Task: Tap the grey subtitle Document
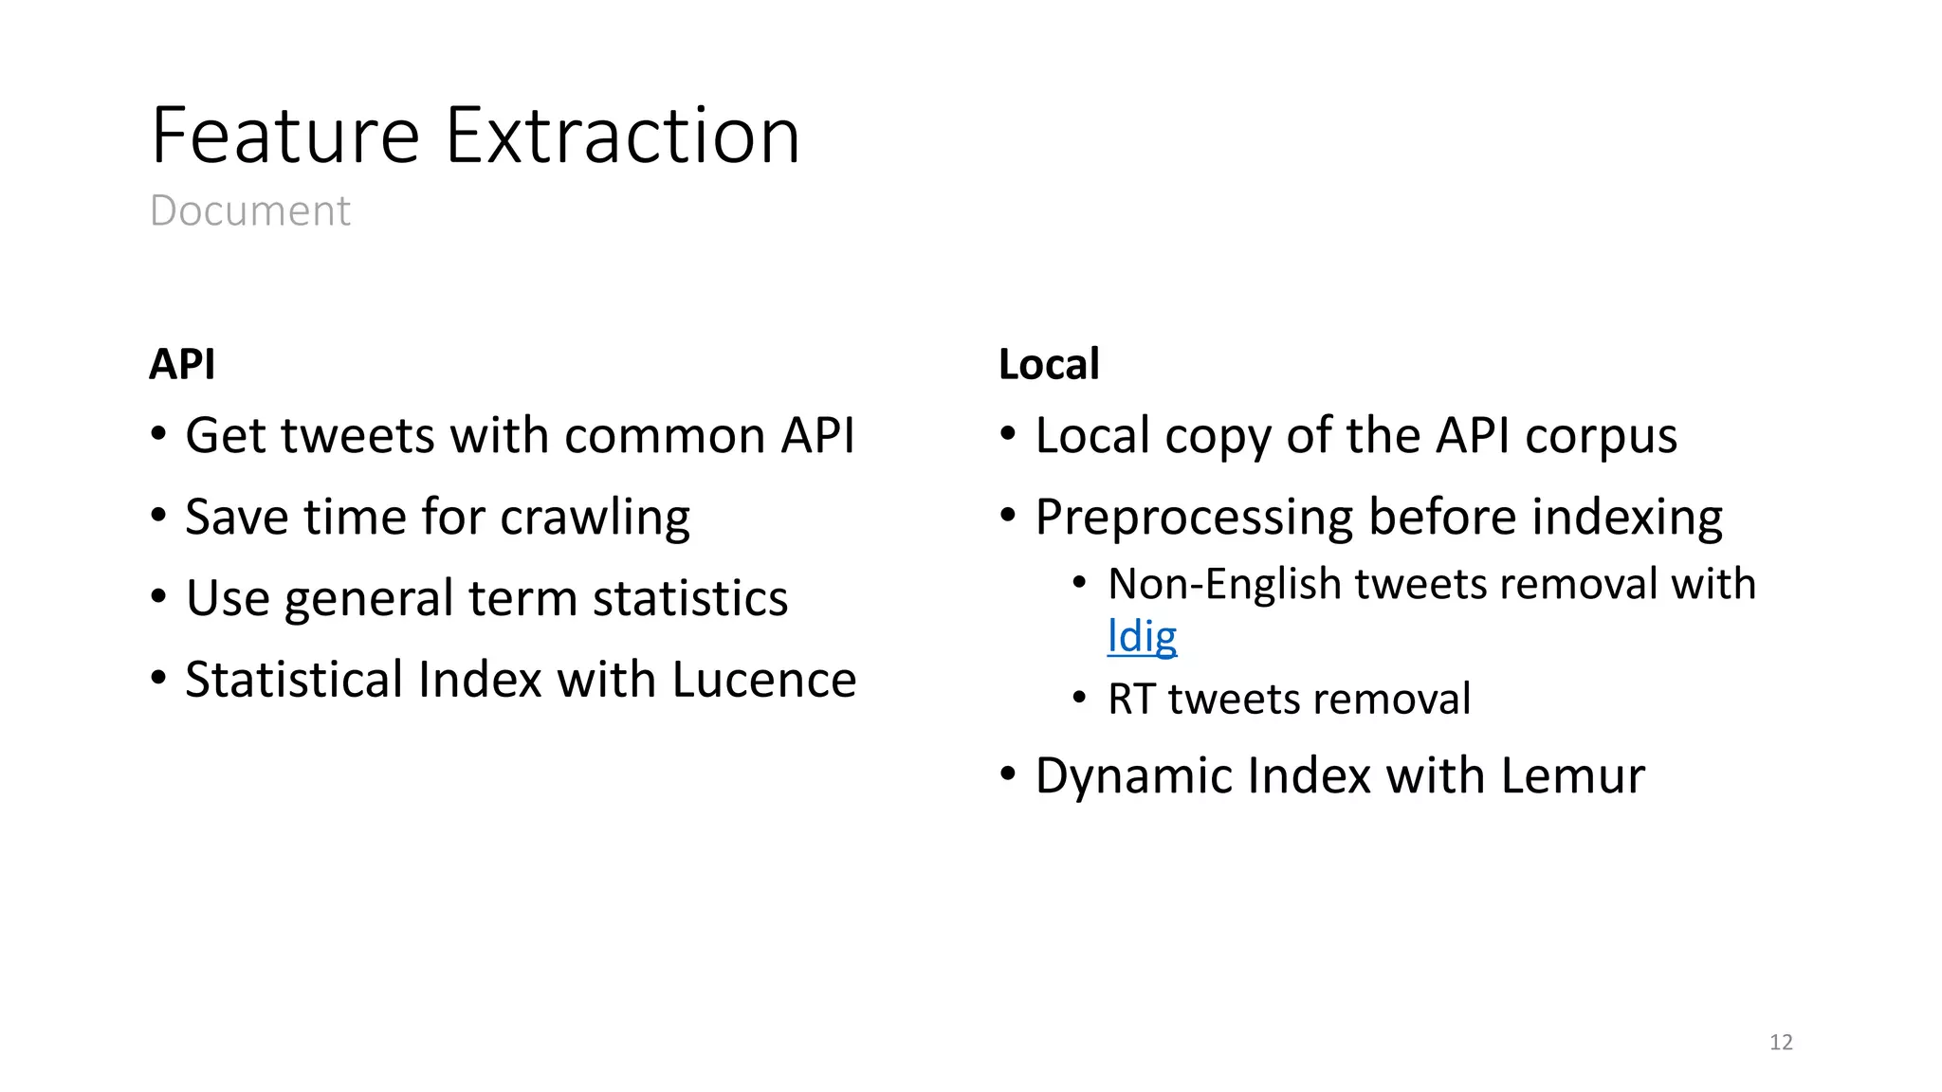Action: (x=250, y=210)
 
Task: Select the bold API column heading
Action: (x=182, y=364)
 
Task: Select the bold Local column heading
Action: (x=1049, y=364)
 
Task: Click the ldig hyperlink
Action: (x=1142, y=637)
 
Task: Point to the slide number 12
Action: (x=1781, y=1043)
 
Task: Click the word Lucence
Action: (x=764, y=680)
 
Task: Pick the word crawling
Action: (x=595, y=519)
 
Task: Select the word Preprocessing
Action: (x=1194, y=519)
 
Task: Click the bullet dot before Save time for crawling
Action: (x=158, y=516)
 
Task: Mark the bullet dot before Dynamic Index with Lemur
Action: (x=1008, y=774)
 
